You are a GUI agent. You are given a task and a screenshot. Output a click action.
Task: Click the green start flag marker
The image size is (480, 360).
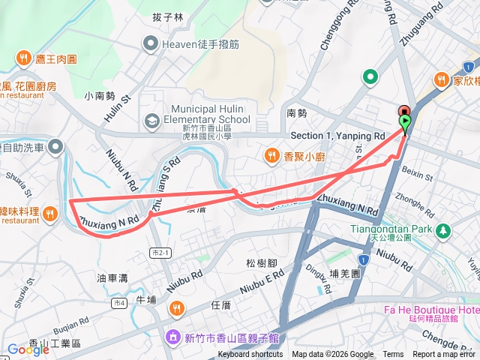click(x=406, y=121)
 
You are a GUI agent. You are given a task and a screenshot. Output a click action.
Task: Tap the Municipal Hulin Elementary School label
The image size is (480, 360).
click(x=211, y=114)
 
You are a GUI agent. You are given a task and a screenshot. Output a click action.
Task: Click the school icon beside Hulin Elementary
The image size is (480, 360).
click(x=153, y=120)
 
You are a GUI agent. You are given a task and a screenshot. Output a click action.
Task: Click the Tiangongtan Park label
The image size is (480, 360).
click(x=391, y=228)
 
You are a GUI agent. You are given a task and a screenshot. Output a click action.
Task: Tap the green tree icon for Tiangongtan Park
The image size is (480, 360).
click(x=443, y=229)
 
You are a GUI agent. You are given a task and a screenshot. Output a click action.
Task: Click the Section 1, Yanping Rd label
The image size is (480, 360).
click(x=337, y=136)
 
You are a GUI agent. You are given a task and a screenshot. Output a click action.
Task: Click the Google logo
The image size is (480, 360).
click(x=28, y=349)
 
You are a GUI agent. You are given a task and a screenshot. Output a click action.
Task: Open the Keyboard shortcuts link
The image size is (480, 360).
click(x=250, y=355)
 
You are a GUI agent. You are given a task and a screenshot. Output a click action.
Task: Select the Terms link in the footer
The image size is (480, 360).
click(x=393, y=355)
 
